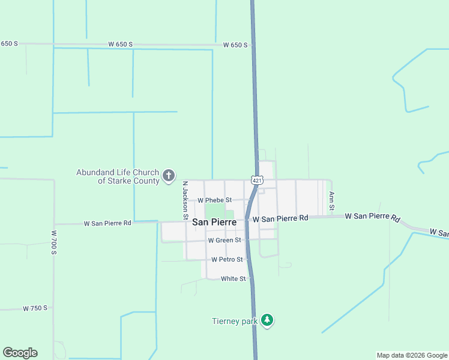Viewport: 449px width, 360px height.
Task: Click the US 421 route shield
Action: point(256,180)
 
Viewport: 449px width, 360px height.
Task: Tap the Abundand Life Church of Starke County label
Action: point(118,176)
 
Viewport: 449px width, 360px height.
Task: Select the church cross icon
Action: point(169,176)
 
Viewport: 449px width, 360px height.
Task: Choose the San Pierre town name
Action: point(214,222)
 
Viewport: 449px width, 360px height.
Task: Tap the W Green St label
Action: point(224,240)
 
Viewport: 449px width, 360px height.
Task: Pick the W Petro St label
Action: point(227,260)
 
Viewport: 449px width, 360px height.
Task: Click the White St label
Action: point(234,279)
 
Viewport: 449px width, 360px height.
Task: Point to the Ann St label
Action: point(331,197)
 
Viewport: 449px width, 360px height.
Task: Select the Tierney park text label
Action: point(235,321)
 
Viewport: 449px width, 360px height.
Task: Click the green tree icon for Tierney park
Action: point(268,321)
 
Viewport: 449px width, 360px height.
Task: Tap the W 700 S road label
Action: point(53,242)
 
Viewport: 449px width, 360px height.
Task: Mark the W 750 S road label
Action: point(35,308)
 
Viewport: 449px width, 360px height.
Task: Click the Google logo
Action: point(20,353)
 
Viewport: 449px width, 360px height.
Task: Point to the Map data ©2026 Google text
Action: point(412,355)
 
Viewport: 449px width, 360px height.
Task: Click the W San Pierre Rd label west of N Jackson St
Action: point(107,223)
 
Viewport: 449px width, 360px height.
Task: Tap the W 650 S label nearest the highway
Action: point(235,45)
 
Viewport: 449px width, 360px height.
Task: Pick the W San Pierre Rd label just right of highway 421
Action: point(280,219)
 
